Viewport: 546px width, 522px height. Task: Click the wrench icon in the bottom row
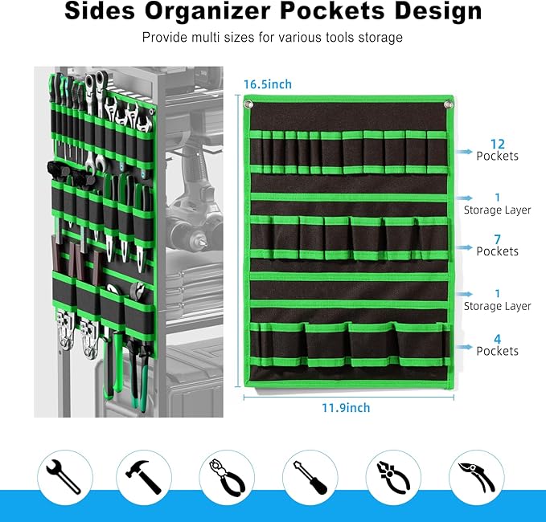pos(64,477)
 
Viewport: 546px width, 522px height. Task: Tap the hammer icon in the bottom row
pos(143,477)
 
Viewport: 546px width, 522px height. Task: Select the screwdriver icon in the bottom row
pos(310,478)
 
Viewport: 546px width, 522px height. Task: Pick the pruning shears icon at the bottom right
pos(476,477)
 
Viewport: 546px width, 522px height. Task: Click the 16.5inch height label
pos(268,84)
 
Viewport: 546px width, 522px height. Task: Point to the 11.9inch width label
pos(346,408)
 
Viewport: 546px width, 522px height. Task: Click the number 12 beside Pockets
pos(497,144)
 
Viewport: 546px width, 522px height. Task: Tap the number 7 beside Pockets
pos(497,239)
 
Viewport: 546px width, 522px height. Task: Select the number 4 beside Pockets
pos(497,339)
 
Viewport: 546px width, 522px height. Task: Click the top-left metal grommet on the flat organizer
pos(248,104)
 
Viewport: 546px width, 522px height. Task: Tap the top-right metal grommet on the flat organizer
pos(448,104)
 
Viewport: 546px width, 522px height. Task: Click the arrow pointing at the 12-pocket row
pos(464,152)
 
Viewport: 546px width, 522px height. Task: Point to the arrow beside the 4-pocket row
pos(464,347)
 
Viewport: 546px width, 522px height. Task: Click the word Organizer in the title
pos(207,11)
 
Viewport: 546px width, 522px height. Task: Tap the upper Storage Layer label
pos(497,210)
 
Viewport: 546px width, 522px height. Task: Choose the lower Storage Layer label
pos(497,306)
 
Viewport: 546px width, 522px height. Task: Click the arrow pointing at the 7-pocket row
pos(464,247)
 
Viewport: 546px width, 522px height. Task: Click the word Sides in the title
pos(100,11)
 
